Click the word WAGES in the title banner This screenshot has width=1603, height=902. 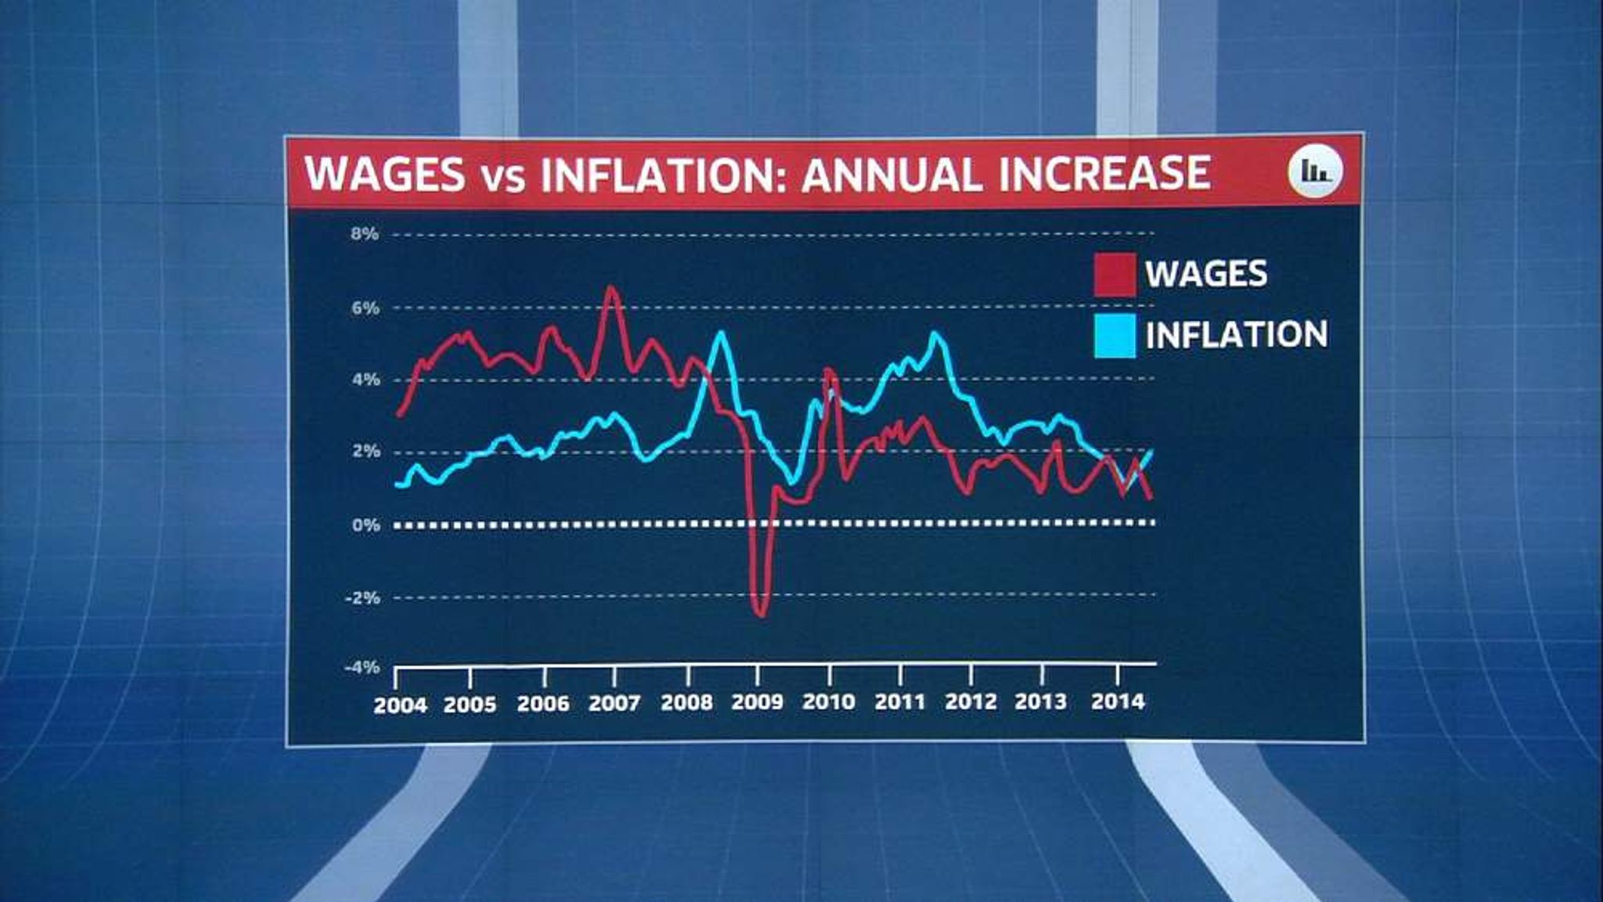click(x=385, y=174)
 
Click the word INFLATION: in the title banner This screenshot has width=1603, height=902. click(x=657, y=174)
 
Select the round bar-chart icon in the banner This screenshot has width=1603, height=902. click(x=1315, y=171)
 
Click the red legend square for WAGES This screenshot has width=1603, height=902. click(x=1115, y=275)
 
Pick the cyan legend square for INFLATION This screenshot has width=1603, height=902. click(x=1115, y=336)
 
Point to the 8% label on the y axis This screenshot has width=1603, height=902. click(x=365, y=233)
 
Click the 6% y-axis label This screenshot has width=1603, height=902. click(x=365, y=308)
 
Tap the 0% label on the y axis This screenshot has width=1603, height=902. click(x=366, y=525)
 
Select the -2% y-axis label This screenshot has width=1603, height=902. click(x=362, y=597)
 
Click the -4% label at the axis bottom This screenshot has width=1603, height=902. click(x=362, y=667)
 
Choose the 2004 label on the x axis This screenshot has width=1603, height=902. click(x=400, y=705)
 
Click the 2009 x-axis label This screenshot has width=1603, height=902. click(x=757, y=702)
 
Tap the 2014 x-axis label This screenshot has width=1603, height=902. click(x=1118, y=701)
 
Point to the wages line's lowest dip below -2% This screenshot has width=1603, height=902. click(x=760, y=614)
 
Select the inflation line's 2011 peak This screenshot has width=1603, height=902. click(x=935, y=335)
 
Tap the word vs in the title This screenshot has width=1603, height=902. click(x=503, y=179)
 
